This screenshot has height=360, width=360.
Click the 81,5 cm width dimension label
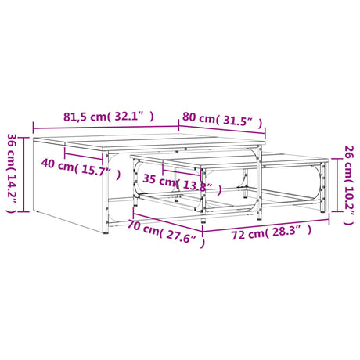click(x=109, y=117)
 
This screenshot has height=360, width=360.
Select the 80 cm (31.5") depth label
click(x=222, y=120)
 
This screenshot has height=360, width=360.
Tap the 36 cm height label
click(x=12, y=173)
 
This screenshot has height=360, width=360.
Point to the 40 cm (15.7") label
click(x=81, y=167)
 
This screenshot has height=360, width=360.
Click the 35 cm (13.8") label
click(x=182, y=183)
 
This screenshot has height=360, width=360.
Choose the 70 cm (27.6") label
click(x=166, y=233)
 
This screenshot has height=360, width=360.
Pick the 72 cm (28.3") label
click(x=272, y=232)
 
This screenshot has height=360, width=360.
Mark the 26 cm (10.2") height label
click(x=349, y=185)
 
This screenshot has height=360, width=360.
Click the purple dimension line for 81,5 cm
click(x=106, y=128)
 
